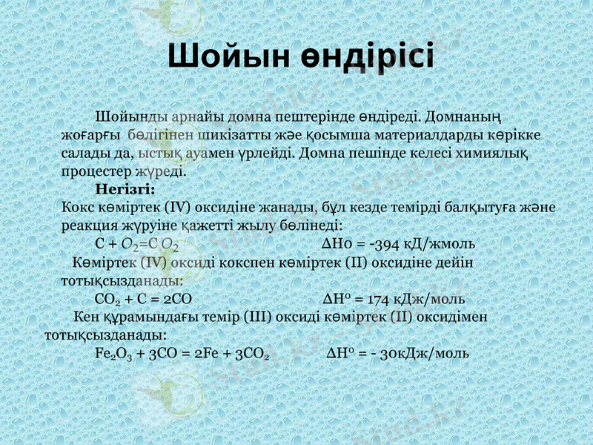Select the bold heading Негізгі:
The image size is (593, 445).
(x=125, y=188)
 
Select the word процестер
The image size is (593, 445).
(x=91, y=171)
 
